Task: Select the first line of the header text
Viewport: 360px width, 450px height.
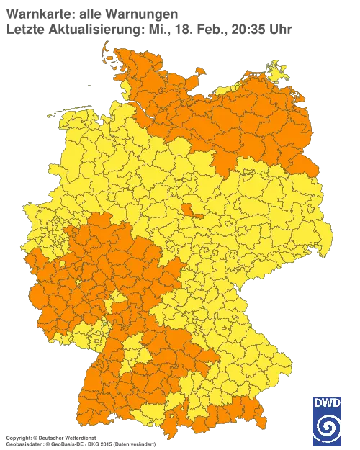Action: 90,12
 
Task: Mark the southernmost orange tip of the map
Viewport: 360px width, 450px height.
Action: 170,436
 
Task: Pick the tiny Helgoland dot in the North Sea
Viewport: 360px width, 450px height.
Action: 89,84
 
